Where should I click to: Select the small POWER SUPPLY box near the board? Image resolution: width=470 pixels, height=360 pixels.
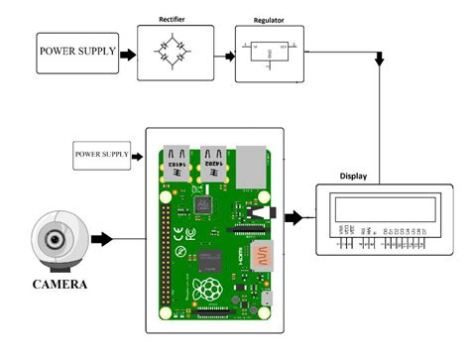click(x=102, y=156)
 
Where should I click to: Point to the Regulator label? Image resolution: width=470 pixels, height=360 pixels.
click(x=269, y=20)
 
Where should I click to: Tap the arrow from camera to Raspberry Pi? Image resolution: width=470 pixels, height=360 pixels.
click(x=104, y=239)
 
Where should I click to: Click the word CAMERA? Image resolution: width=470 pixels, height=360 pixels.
click(x=60, y=285)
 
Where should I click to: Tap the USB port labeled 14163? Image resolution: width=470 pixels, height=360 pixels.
click(x=175, y=163)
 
